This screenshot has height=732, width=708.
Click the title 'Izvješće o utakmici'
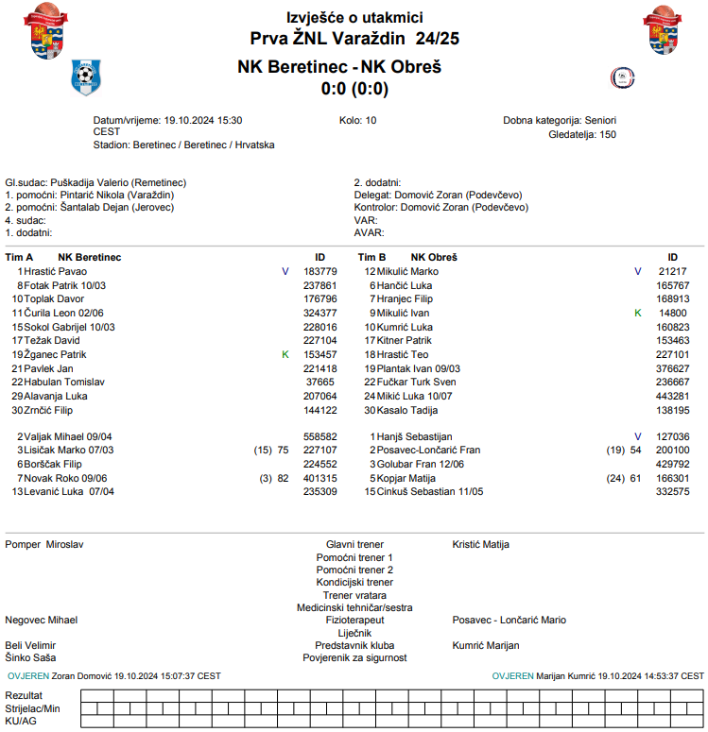(354, 17)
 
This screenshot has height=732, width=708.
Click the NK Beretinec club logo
(86, 76)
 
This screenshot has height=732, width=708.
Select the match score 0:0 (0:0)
(354, 90)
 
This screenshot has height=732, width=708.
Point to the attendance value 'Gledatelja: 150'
(582, 135)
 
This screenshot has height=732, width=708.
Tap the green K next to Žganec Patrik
(285, 354)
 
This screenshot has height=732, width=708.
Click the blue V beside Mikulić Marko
(637, 271)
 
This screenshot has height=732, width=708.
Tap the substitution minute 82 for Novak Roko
(283, 478)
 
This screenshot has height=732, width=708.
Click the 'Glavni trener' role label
(354, 545)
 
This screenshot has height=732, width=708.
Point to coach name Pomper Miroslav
(45, 545)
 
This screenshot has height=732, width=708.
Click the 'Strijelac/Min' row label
(33, 707)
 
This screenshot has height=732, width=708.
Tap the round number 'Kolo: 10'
(357, 121)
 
